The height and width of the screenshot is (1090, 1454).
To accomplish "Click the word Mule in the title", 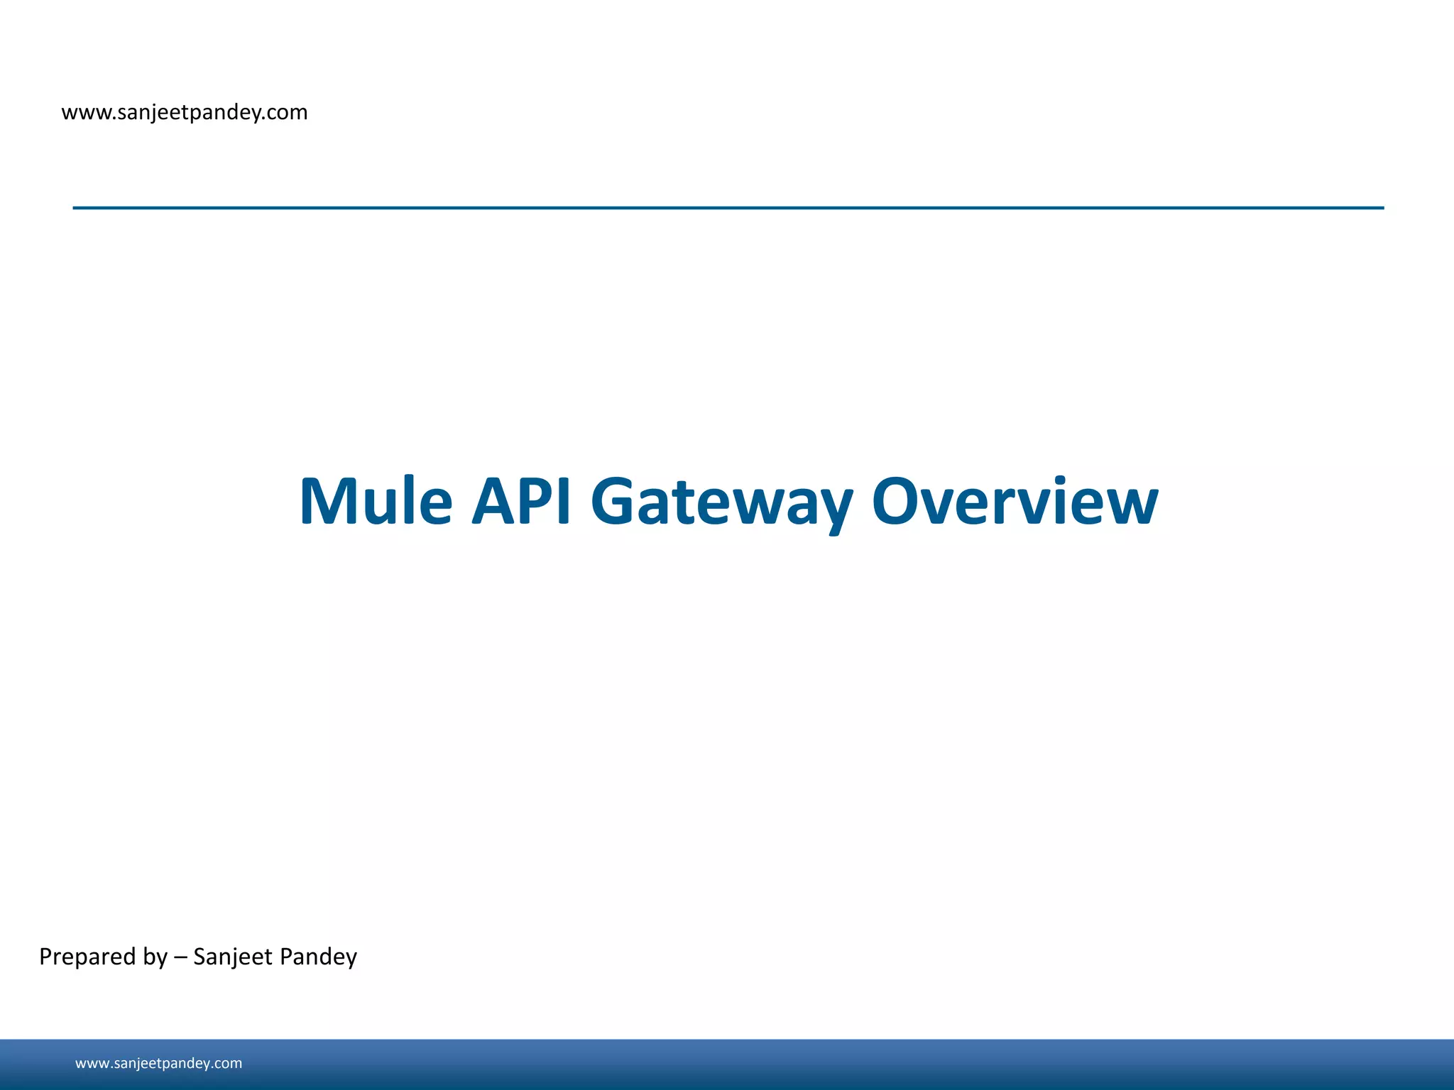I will click(376, 502).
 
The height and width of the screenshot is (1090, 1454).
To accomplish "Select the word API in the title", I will click(522, 502).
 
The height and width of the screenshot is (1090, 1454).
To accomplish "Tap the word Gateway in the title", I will click(721, 502).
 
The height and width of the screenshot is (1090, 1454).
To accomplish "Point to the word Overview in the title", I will click(1015, 502).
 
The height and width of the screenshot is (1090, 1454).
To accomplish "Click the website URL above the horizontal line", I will click(185, 112).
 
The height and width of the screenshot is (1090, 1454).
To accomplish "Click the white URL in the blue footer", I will click(158, 1063).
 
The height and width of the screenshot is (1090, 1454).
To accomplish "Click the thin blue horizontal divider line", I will click(728, 208).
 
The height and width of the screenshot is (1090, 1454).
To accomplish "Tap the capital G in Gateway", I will click(616, 502).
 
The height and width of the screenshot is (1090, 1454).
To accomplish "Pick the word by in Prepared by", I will click(155, 957).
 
